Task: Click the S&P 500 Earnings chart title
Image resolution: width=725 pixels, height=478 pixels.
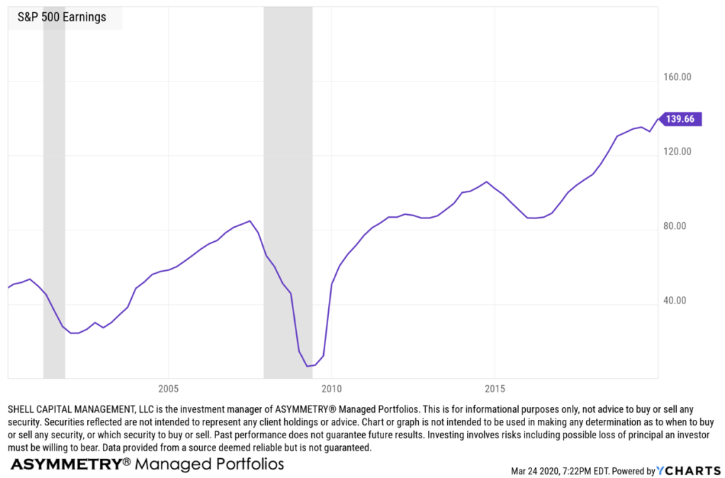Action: (62, 17)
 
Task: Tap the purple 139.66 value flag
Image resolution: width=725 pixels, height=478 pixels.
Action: (681, 120)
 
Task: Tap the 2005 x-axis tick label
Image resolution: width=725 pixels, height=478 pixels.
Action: (168, 389)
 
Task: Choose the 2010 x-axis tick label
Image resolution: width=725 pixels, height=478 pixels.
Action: (331, 389)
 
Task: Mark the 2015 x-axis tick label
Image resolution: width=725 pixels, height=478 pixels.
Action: (494, 389)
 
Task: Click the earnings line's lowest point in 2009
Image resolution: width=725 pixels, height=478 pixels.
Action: (308, 366)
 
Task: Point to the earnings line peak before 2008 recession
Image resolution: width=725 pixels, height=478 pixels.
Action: (250, 221)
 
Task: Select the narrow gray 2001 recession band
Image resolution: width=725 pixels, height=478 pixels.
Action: (54, 191)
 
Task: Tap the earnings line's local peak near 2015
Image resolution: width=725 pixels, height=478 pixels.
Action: (486, 182)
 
